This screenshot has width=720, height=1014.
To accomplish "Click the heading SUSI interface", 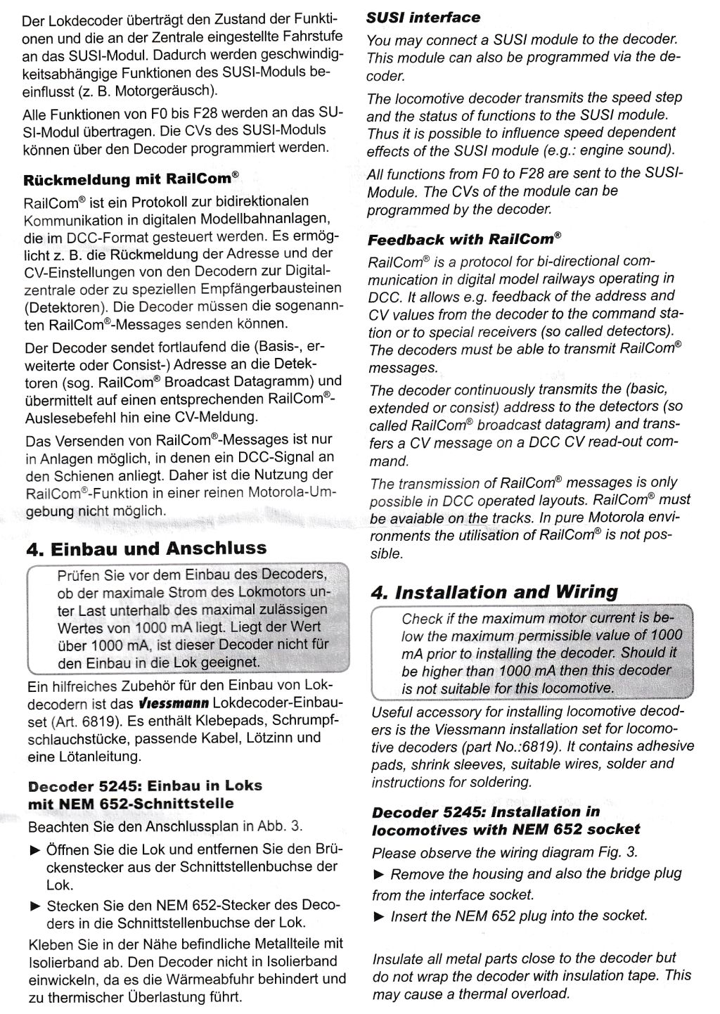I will click(423, 18).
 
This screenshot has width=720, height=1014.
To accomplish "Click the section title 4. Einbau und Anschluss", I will click(146, 548).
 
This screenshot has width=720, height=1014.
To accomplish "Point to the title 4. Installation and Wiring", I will click(494, 592).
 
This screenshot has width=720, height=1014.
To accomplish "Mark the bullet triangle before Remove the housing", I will click(379, 874).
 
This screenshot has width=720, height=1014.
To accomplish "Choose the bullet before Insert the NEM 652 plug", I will click(379, 916).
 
